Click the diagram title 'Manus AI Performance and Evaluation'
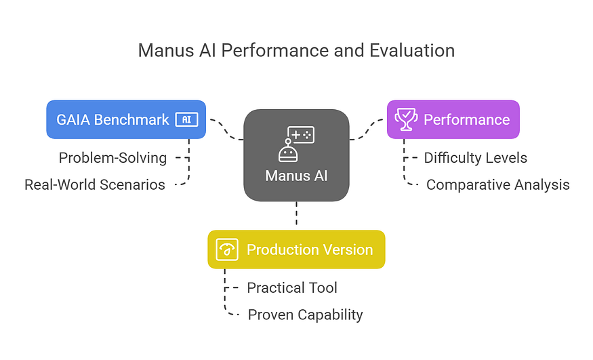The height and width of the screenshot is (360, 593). pos(296,51)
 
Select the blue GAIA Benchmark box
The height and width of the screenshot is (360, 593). pos(126,119)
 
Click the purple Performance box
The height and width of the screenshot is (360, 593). pos(453,119)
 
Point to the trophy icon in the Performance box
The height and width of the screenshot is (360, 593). pos(406,119)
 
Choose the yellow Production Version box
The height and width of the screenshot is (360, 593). pos(296,249)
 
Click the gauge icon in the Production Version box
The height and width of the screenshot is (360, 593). pos(227,249)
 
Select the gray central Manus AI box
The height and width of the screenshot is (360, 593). pos(296,156)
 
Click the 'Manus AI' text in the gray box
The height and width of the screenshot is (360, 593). pos(296,176)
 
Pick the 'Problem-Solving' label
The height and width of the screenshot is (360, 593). pos(113,158)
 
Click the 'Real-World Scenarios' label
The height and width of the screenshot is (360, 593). pos(95,184)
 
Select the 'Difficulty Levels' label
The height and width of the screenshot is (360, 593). pos(475,158)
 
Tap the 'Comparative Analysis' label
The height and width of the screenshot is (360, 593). pos(497,184)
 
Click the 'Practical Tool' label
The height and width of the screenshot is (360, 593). pos(291,287)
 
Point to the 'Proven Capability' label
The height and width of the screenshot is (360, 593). pos(305,315)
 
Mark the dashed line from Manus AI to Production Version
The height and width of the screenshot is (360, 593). pos(296,216)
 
